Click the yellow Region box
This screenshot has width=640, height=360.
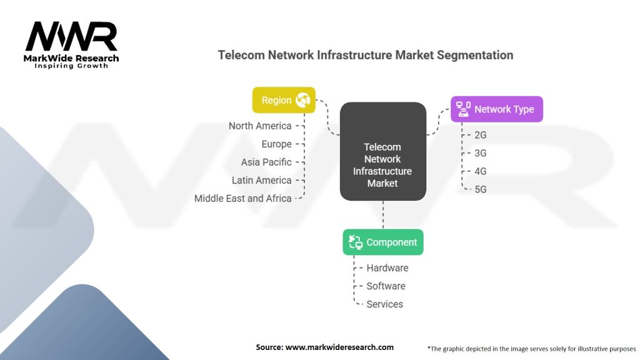(x=284, y=100)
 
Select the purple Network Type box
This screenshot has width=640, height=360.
(x=497, y=109)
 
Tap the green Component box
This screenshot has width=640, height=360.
(x=383, y=242)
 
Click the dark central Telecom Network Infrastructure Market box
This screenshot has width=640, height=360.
(x=383, y=151)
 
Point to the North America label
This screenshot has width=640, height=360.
(x=260, y=126)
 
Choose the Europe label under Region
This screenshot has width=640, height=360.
(x=277, y=144)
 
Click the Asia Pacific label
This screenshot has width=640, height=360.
(x=266, y=162)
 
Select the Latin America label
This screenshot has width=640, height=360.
(x=262, y=181)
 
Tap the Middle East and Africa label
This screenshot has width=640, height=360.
(x=243, y=198)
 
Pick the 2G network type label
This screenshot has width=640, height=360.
(x=481, y=135)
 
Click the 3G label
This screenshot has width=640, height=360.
(x=481, y=153)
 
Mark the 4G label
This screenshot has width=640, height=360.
(x=481, y=171)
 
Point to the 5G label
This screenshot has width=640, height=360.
(x=481, y=189)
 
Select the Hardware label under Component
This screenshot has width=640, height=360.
(x=387, y=268)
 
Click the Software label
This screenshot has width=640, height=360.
(x=386, y=286)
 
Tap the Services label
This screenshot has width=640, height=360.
(x=384, y=304)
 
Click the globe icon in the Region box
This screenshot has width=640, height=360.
(x=303, y=100)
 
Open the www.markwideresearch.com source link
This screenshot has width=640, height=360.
(x=339, y=347)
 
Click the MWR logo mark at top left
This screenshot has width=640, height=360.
(x=71, y=36)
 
